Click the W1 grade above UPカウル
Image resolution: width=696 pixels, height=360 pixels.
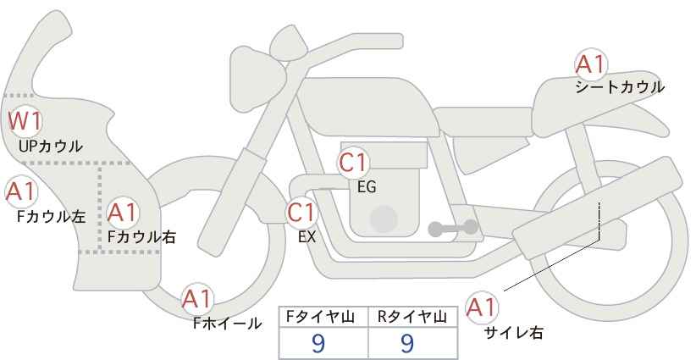pyautogui.click(x=25, y=122)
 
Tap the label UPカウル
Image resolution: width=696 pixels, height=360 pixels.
pyautogui.click(x=50, y=146)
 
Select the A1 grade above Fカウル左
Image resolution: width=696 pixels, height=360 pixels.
pyautogui.click(x=21, y=191)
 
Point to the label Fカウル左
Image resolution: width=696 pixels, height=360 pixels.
pyautogui.click(x=51, y=217)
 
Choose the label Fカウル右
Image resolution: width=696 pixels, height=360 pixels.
pyautogui.click(x=141, y=237)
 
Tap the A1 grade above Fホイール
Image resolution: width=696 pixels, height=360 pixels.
pyautogui.click(x=197, y=299)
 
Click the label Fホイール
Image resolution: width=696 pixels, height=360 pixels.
pyautogui.click(x=227, y=324)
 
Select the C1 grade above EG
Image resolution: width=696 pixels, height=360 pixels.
pyautogui.click(x=353, y=163)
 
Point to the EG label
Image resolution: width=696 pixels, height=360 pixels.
pyautogui.click(x=367, y=187)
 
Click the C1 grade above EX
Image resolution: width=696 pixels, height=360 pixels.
pyautogui.click(x=301, y=212)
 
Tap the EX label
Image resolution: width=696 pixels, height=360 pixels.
pyautogui.click(x=307, y=236)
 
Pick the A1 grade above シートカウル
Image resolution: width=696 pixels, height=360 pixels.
pyautogui.click(x=591, y=64)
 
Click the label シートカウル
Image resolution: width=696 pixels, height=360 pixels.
pyautogui.click(x=620, y=87)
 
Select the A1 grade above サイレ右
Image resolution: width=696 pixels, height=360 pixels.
pyautogui.click(x=482, y=307)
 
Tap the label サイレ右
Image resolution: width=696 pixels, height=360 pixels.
pyautogui.click(x=514, y=332)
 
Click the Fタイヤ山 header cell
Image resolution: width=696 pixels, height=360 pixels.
pyautogui.click(x=323, y=317)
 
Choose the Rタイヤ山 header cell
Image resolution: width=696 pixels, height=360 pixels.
pyautogui.click(x=413, y=317)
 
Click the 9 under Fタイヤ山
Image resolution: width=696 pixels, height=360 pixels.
pyautogui.click(x=318, y=343)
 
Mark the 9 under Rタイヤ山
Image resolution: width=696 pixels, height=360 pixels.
pyautogui.click(x=407, y=343)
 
